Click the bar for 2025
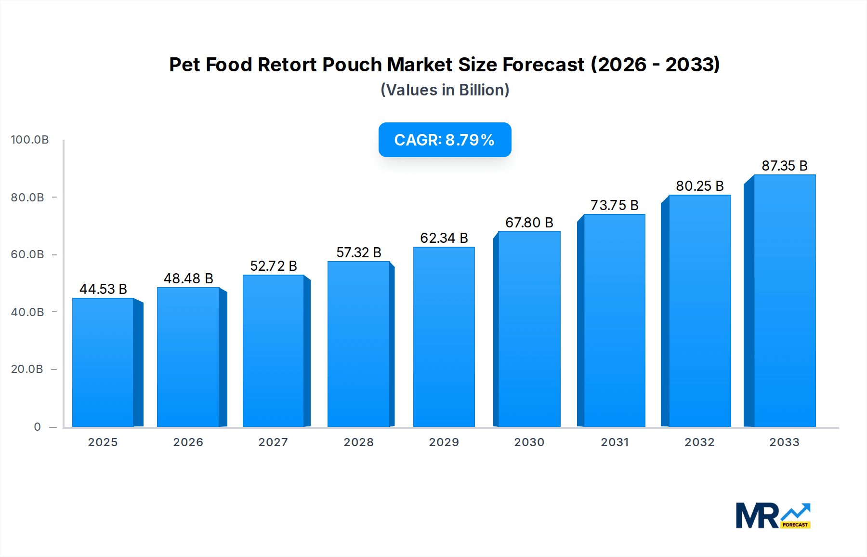pyautogui.click(x=103, y=362)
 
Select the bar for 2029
pyautogui.click(x=444, y=337)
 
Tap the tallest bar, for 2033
pyautogui.click(x=784, y=301)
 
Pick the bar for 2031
pyautogui.click(x=614, y=320)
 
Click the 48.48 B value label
pyautogui.click(x=188, y=278)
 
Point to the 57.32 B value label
pyautogui.click(x=359, y=252)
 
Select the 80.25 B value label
pyautogui.click(x=699, y=186)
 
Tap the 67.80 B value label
pyautogui.click(x=529, y=223)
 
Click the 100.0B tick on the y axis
pyautogui.click(x=30, y=140)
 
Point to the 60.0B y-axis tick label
pyautogui.click(x=27, y=254)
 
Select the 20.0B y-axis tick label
pyautogui.click(x=27, y=369)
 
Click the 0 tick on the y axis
pyautogui.click(x=38, y=427)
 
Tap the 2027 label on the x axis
pyautogui.click(x=273, y=442)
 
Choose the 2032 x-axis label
pyautogui.click(x=699, y=442)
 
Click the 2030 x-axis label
pyautogui.click(x=529, y=442)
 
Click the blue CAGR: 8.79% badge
pyautogui.click(x=445, y=140)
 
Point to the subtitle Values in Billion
pyautogui.click(x=445, y=90)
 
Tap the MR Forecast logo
pyautogui.click(x=773, y=516)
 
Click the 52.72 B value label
pyautogui.click(x=274, y=266)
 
